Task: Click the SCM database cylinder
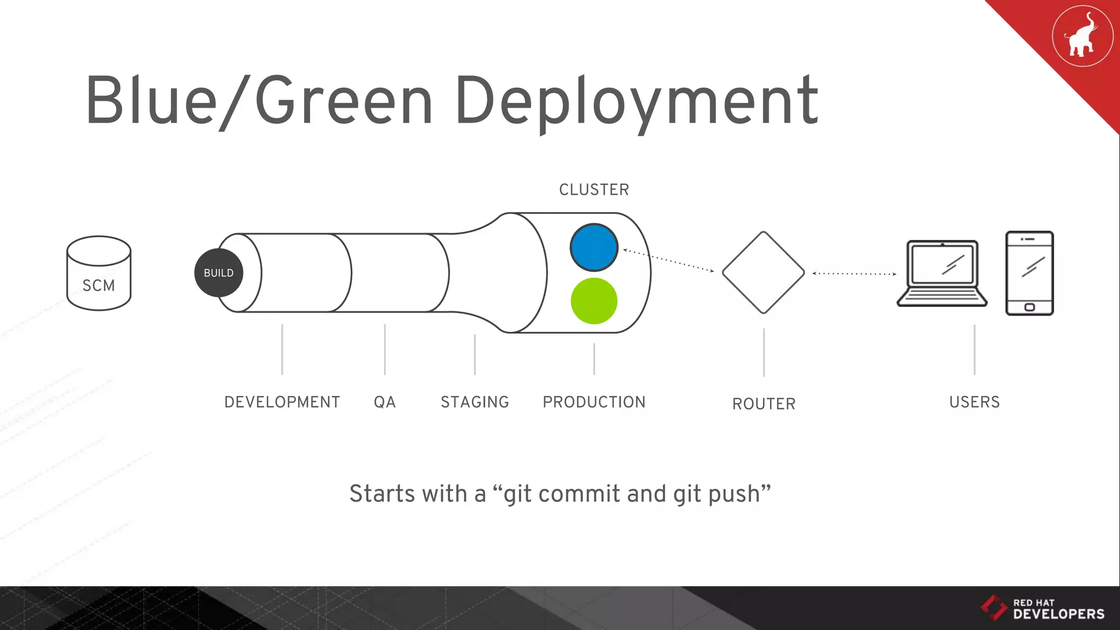coord(98,273)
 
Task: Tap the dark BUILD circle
coord(218,273)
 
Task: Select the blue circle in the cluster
coord(594,247)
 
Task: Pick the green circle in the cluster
coord(594,301)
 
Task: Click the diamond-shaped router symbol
coord(763,272)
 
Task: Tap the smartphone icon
coord(1029,273)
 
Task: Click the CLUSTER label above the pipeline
coord(594,190)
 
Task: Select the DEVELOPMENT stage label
coord(282,402)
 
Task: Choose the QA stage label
coord(384,402)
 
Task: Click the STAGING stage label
coord(475,402)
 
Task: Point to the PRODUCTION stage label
coord(594,402)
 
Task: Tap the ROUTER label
coord(763,404)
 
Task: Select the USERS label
coord(974,402)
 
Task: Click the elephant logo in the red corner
coord(1082,36)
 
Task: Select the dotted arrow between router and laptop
coord(854,273)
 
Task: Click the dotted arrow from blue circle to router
coord(668,260)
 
